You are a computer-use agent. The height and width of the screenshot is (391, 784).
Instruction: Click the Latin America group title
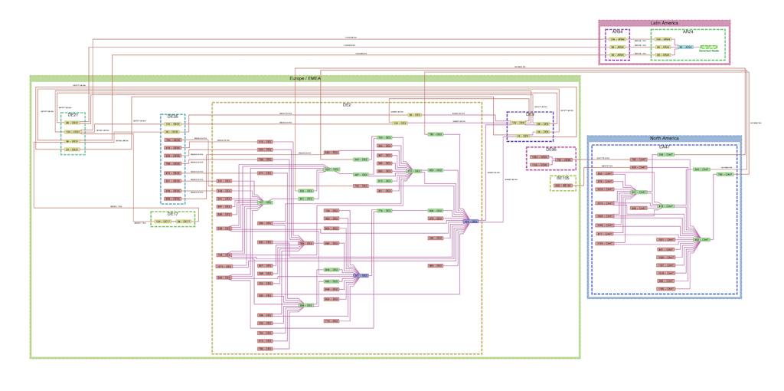(664, 24)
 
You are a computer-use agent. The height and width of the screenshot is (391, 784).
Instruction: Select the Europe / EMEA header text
(305, 79)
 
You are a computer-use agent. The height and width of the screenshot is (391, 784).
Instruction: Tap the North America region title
(664, 139)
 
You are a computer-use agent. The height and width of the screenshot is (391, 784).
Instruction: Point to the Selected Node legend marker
(709, 48)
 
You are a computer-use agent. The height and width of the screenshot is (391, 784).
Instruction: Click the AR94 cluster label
(617, 32)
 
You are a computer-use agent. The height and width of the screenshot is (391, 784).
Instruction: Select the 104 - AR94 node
(617, 39)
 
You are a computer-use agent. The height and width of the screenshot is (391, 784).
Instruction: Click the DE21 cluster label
(73, 115)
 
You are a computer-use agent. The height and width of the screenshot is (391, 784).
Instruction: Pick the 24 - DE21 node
(72, 150)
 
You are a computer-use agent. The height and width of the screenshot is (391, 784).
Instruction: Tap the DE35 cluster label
(173, 117)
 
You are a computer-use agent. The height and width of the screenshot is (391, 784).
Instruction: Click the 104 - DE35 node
(173, 124)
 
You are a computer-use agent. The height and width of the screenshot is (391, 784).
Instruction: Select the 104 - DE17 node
(162, 222)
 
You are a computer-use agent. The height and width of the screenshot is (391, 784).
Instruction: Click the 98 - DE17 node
(184, 222)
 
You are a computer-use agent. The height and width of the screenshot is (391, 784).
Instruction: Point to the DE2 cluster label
(347, 104)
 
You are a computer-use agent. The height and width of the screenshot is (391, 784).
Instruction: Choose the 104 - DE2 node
(400, 123)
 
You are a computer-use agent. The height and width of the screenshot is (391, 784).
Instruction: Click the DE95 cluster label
(550, 149)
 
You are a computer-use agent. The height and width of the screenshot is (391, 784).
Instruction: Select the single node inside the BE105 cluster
(563, 186)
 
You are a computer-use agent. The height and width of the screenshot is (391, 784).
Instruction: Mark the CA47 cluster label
(664, 146)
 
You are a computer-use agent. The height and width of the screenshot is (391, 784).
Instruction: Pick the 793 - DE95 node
(563, 160)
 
